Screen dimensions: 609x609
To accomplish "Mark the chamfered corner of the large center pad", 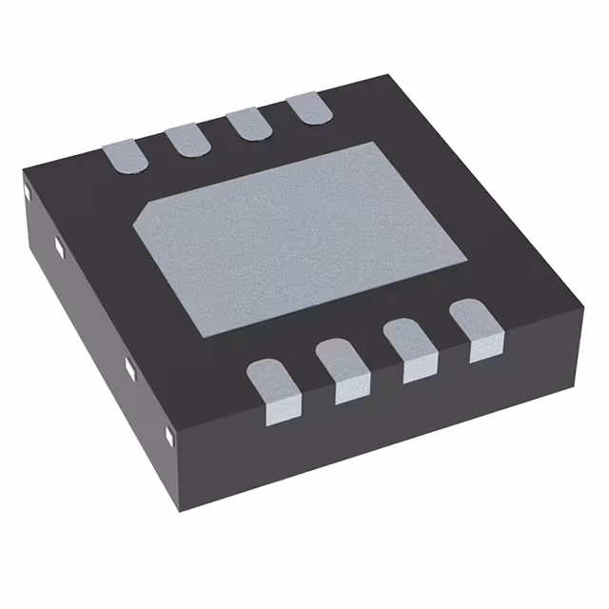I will coord(139,217).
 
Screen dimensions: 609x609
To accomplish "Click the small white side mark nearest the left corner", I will coord(29,194).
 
